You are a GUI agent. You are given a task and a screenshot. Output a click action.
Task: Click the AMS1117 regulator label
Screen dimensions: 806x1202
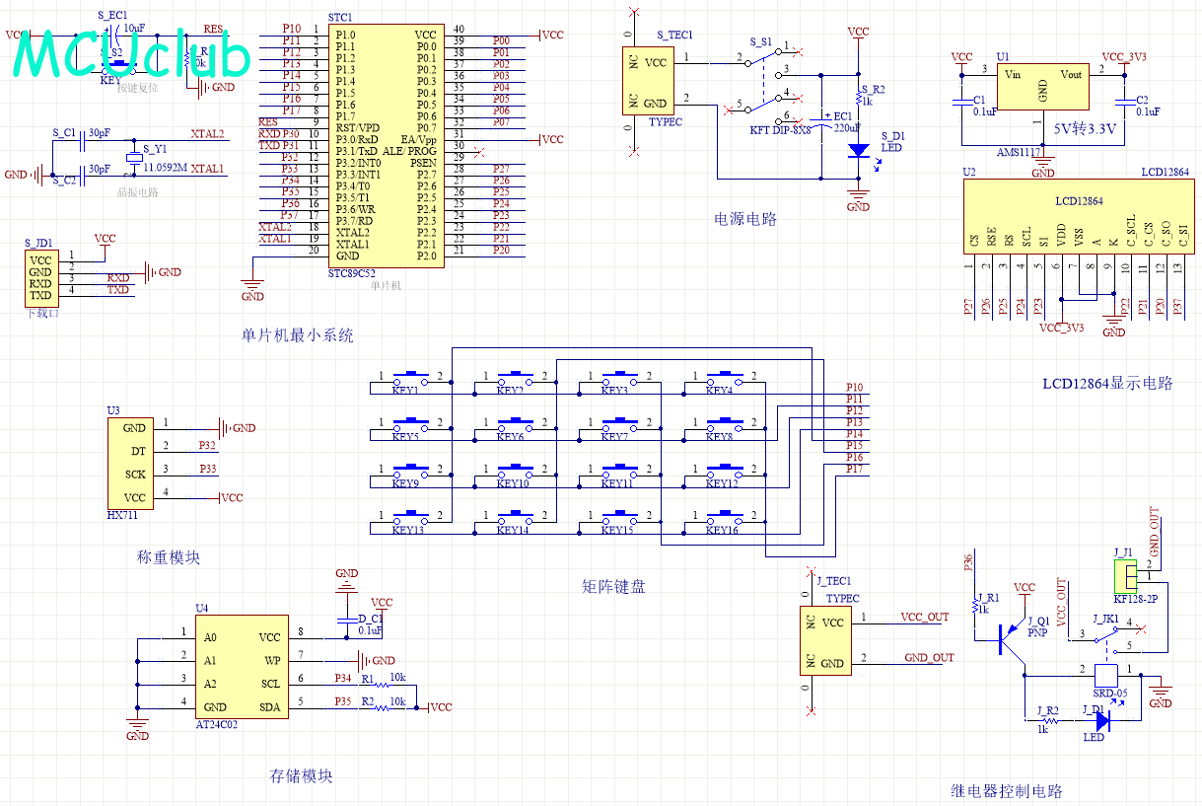[1018, 153]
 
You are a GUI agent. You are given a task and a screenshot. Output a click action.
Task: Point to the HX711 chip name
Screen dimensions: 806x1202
[122, 515]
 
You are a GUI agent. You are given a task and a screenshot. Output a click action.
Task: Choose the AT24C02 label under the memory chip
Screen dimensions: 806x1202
[217, 724]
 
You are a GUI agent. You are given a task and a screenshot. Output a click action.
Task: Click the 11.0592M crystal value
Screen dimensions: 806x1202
[165, 169]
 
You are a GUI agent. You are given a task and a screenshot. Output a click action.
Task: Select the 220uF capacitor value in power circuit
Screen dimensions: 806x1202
[847, 127]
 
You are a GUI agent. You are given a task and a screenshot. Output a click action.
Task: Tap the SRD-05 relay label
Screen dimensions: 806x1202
[1109, 693]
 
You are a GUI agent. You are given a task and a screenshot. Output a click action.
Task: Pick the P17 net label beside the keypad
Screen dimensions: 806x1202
[854, 469]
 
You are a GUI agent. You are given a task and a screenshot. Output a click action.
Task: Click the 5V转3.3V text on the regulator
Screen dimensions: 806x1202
[1084, 128]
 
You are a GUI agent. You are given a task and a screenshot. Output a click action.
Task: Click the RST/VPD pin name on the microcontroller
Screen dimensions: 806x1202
[357, 127]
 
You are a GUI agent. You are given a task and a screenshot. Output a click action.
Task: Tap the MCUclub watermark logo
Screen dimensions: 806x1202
[133, 55]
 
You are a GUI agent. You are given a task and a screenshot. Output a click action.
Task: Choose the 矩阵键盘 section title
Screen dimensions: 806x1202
[613, 587]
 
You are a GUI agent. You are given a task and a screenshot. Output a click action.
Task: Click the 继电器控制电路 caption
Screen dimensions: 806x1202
[1007, 791]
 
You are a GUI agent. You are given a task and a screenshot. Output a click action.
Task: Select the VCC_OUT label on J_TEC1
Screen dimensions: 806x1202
[924, 617]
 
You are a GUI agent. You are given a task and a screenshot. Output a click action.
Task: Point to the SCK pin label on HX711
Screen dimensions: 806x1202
[135, 475]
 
